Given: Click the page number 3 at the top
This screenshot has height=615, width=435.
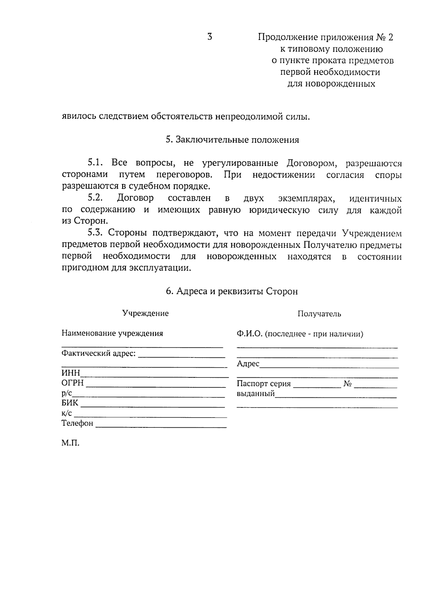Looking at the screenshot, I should (x=210, y=37).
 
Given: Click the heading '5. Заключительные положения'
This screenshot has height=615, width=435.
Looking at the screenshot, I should (x=232, y=140).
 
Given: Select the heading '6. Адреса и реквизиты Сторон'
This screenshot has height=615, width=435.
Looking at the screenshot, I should (x=232, y=292).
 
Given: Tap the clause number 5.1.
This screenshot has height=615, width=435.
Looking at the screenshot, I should (x=96, y=163).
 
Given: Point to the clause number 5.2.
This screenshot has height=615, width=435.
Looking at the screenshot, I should (x=96, y=198).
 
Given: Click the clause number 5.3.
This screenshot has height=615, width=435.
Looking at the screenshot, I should (x=96, y=233).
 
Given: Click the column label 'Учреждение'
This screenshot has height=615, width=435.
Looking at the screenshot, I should (x=145, y=313).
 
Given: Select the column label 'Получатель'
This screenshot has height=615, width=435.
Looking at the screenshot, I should (x=319, y=314).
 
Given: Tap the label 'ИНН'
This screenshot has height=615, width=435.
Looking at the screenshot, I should (x=71, y=373).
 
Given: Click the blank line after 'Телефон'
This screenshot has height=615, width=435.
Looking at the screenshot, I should (x=161, y=427).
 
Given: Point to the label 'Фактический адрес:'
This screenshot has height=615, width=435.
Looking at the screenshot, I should (x=99, y=353).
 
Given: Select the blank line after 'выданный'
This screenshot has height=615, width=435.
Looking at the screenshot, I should (x=336, y=397).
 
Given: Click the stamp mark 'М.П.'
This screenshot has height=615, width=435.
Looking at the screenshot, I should (x=70, y=443).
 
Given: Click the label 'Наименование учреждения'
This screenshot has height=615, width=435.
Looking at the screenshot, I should (x=112, y=333).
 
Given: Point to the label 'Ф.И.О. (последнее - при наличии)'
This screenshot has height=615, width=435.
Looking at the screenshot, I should (x=300, y=334).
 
